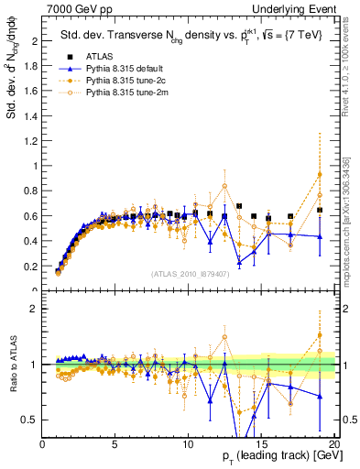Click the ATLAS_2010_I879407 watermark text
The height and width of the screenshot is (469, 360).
coord(191,274)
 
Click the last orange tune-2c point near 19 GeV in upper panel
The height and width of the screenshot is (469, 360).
coord(319,175)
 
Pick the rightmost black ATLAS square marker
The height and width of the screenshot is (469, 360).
coord(319,210)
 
